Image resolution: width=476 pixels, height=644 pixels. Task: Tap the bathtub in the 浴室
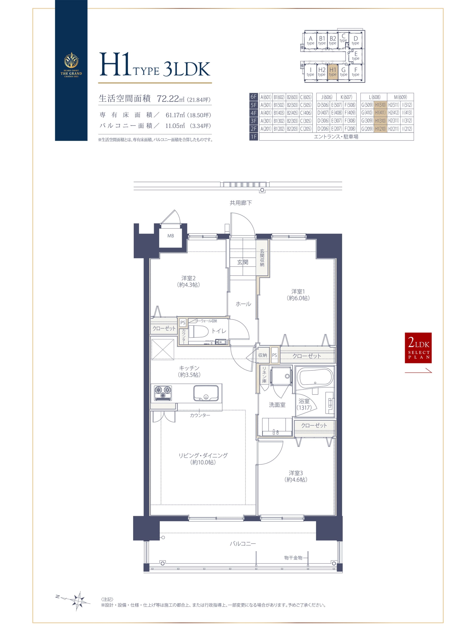(x=315, y=378)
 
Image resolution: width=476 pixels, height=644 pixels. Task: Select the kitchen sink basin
(x=206, y=393)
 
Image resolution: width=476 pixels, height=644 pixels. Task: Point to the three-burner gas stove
(x=163, y=393)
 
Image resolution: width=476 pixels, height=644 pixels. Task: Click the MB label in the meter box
(x=171, y=236)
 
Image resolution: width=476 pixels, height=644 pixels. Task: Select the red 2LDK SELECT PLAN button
(x=418, y=348)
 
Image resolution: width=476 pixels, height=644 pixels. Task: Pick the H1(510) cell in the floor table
(x=380, y=105)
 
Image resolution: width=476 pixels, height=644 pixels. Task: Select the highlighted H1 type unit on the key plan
(x=333, y=72)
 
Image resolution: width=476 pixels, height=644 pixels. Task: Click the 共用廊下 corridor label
(x=241, y=203)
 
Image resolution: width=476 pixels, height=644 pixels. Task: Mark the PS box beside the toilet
(x=183, y=323)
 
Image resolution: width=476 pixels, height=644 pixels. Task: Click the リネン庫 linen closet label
(x=264, y=375)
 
